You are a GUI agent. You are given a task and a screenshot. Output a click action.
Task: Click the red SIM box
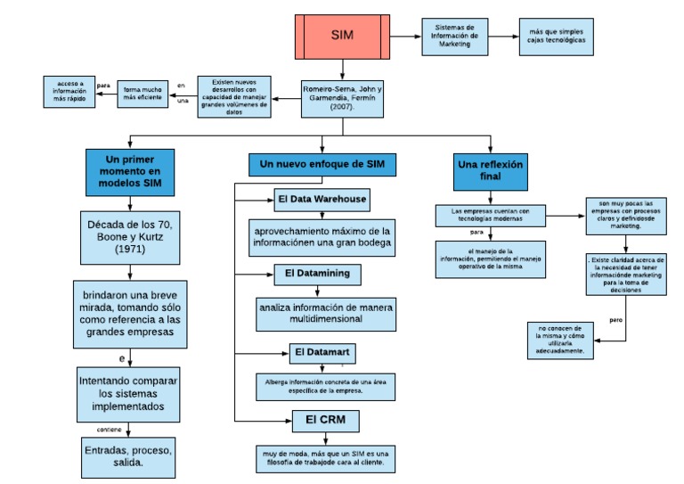342,37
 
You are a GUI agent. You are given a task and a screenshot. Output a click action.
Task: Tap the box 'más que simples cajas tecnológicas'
556,37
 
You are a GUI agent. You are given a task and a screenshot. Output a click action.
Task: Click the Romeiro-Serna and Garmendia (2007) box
342,95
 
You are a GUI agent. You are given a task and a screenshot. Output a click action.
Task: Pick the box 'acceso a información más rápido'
70,92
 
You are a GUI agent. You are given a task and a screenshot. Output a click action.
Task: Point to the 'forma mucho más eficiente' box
142,94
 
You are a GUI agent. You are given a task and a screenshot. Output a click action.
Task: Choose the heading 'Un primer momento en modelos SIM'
129,172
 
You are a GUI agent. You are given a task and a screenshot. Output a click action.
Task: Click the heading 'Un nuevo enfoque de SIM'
322,165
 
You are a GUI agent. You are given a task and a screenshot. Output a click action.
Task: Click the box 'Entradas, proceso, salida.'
130,455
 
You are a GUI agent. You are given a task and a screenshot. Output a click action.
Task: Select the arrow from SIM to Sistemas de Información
405,37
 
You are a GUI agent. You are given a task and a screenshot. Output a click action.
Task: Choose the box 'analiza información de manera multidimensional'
325,312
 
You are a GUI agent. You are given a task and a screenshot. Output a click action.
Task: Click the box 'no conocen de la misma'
560,340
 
